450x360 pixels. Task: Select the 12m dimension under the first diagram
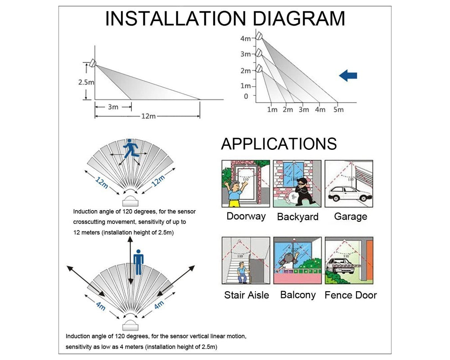[x=148, y=116]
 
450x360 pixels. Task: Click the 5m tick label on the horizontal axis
[x=338, y=109]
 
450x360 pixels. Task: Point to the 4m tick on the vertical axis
[x=245, y=39]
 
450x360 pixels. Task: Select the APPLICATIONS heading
[x=279, y=144]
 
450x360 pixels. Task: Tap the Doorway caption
[x=246, y=216]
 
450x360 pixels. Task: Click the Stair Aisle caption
[x=246, y=295]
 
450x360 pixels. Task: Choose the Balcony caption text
[x=297, y=295]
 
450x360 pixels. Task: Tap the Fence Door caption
[x=350, y=295]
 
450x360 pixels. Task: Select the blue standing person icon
[x=138, y=261]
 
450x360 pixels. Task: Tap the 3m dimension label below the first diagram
[x=113, y=107]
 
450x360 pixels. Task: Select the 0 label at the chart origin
[x=246, y=96]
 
